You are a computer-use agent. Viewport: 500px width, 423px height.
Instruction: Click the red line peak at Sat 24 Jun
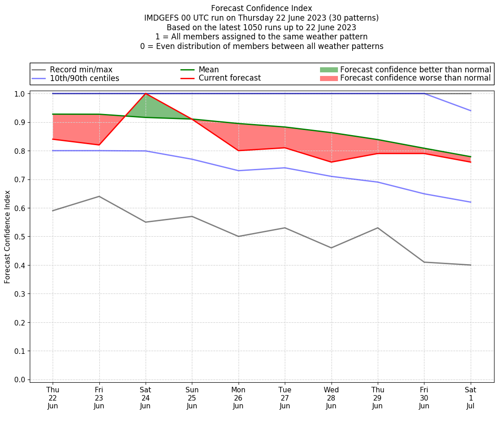click(146, 93)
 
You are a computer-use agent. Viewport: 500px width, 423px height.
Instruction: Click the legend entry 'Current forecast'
click(229, 78)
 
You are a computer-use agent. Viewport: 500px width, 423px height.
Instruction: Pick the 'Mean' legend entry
click(208, 70)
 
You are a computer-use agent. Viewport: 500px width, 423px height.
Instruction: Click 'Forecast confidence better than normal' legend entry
click(415, 70)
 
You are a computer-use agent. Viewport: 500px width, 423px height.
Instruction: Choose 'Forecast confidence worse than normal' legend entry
click(415, 78)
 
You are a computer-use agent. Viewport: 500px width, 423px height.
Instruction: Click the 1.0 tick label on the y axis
click(20, 93)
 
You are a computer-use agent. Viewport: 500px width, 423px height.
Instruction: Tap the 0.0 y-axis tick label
click(20, 380)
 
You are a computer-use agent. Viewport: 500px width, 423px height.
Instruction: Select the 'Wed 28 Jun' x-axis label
click(331, 398)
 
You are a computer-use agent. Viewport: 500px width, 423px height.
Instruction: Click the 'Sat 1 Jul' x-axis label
click(471, 398)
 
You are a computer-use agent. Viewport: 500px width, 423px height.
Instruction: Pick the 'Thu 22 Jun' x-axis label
click(53, 398)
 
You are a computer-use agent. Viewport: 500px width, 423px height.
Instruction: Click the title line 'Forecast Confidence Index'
click(261, 8)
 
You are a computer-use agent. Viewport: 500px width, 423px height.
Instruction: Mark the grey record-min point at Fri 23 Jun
click(99, 196)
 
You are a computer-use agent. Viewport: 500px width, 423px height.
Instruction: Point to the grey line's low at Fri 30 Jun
click(424, 262)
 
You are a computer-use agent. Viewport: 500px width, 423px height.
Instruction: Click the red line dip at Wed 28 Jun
click(331, 162)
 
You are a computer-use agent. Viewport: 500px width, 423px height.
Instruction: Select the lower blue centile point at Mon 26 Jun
click(238, 171)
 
